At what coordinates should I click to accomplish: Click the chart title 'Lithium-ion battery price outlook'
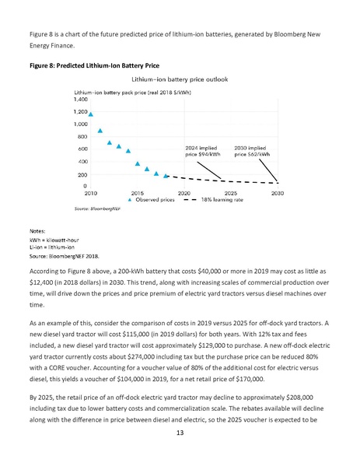[x=180, y=79]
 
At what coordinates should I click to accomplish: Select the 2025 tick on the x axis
[x=231, y=192]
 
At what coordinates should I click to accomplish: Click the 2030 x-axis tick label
[x=277, y=192]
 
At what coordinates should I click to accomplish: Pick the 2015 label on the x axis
[x=137, y=192]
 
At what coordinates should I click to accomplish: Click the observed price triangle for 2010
[x=91, y=114]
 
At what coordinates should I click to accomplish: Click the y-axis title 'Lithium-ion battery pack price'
[x=135, y=92]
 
